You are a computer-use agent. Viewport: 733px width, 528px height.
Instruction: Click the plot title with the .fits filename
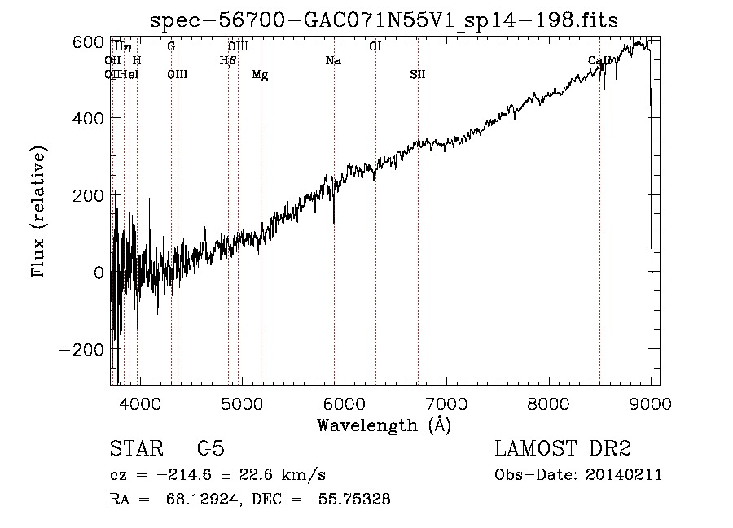[x=389, y=20]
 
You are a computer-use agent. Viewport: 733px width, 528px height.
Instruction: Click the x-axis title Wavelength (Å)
[x=384, y=425]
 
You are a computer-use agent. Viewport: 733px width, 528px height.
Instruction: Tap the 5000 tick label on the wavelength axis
[x=242, y=403]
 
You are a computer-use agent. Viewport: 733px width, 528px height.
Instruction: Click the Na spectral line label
[x=333, y=61]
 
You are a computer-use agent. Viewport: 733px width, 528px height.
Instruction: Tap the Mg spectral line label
[x=260, y=75]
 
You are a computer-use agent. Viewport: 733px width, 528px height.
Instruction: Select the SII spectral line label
[x=417, y=75]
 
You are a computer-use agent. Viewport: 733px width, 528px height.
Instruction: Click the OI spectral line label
[x=375, y=47]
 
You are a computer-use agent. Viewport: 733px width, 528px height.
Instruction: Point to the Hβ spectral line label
[x=228, y=61]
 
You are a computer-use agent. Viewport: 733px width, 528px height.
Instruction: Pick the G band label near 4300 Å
[x=171, y=47]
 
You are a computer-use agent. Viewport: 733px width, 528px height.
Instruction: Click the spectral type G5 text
[x=210, y=449]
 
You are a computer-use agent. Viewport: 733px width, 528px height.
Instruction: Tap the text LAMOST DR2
[x=563, y=449]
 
